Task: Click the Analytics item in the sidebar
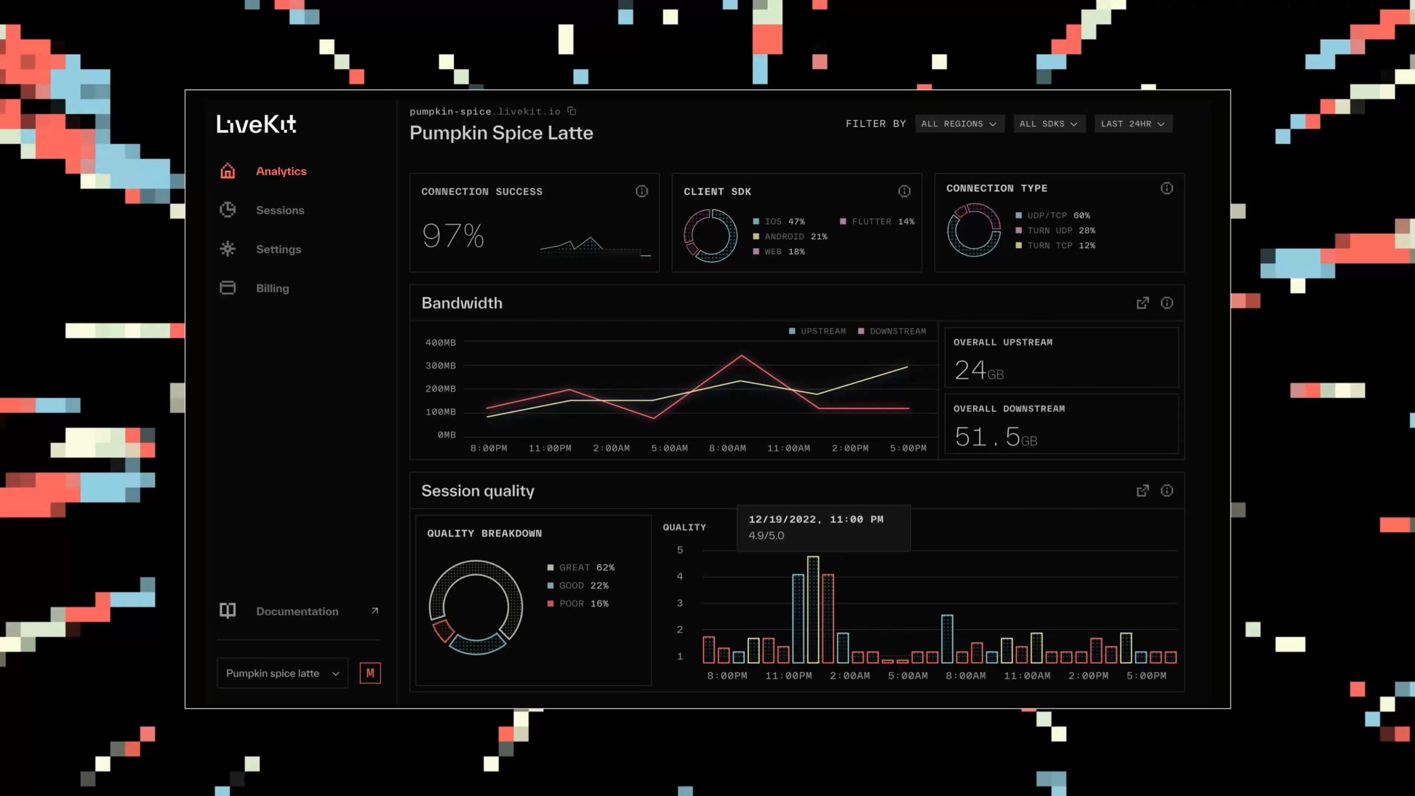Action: [280, 171]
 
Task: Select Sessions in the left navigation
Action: [279, 210]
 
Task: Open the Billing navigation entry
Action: [272, 288]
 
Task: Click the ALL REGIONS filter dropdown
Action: [958, 124]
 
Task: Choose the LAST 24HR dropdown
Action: [1132, 124]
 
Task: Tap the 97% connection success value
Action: [453, 236]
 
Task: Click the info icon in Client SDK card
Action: [904, 191]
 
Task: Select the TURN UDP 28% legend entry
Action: [1055, 230]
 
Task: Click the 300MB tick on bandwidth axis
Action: [440, 366]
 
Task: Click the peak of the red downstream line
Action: [741, 356]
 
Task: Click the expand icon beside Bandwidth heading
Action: [1142, 303]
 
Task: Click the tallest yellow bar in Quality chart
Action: [813, 608]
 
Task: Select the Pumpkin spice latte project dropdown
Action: [282, 673]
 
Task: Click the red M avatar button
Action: [370, 673]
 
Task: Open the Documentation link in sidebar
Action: [298, 612]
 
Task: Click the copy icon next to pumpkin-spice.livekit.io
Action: [571, 111]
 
